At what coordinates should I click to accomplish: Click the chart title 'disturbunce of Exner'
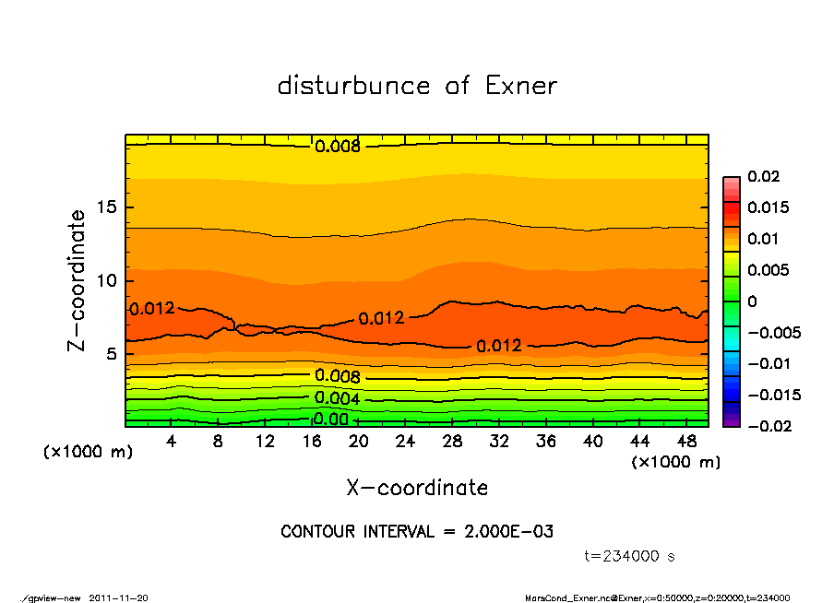pyautogui.click(x=417, y=86)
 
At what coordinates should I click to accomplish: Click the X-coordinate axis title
pyautogui.click(x=417, y=488)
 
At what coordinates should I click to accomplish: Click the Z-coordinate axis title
pyautogui.click(x=77, y=280)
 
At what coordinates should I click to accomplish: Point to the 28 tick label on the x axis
pyautogui.click(x=452, y=442)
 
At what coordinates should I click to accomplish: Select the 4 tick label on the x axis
pyautogui.click(x=172, y=442)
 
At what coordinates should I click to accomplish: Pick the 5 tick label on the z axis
pyautogui.click(x=110, y=354)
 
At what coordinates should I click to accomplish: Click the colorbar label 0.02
pyautogui.click(x=764, y=176)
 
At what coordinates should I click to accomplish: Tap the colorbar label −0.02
pyautogui.click(x=768, y=426)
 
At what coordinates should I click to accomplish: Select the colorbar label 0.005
pyautogui.click(x=768, y=270)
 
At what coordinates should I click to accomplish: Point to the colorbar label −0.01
pyautogui.click(x=768, y=363)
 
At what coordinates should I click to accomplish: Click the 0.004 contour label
pyautogui.click(x=338, y=398)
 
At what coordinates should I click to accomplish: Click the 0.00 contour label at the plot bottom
pyautogui.click(x=329, y=420)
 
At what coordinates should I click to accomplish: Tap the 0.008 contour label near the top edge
pyautogui.click(x=338, y=146)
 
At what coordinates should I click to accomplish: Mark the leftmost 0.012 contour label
pyautogui.click(x=151, y=309)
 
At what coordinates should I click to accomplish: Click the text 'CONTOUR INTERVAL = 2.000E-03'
pyautogui.click(x=417, y=532)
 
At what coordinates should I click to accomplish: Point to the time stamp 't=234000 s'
pyautogui.click(x=630, y=556)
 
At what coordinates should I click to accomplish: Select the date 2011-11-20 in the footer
pyautogui.click(x=119, y=597)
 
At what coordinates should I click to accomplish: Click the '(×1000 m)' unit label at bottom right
pyautogui.click(x=675, y=462)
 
